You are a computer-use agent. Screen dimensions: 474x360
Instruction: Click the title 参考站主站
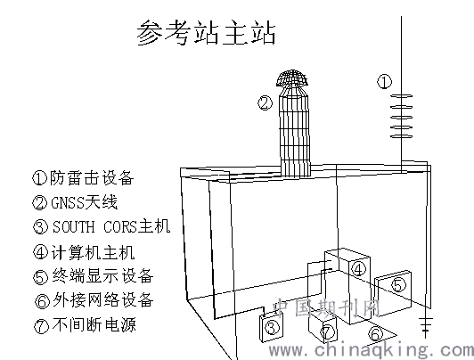pos(206,32)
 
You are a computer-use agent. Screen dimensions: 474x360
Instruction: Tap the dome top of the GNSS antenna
pos(292,78)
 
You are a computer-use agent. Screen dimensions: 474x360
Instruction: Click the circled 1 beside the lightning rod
pos(385,82)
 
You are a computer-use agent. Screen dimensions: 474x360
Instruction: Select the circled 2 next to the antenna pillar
pos(266,103)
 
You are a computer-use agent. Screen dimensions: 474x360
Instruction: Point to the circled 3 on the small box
pos(272,327)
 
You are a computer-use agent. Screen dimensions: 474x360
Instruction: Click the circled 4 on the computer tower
pos(358,269)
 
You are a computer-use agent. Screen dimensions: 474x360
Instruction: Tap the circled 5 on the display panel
pos(399,285)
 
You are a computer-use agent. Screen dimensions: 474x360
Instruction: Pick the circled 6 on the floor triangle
pos(376,334)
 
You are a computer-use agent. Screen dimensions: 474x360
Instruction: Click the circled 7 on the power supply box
pos(328,331)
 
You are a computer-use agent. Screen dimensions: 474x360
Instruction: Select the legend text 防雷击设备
pos(92,177)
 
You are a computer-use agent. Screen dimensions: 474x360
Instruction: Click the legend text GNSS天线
pos(84,202)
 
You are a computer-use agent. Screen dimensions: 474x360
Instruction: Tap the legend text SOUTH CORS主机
pos(111,226)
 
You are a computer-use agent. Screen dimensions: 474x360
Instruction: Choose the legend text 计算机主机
pos(93,253)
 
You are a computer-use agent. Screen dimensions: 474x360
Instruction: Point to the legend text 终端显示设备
pos(102,276)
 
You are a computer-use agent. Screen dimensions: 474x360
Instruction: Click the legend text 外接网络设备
pos(103,299)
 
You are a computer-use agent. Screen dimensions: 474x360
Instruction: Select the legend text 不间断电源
pos(94,324)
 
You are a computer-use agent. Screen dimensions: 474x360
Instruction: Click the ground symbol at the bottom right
pos(426,326)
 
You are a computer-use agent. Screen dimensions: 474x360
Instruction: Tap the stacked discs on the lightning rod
pos(402,116)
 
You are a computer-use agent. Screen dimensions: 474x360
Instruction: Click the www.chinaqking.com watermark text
pos(372,350)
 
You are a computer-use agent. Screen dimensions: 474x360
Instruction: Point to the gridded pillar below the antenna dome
pos(295,132)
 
